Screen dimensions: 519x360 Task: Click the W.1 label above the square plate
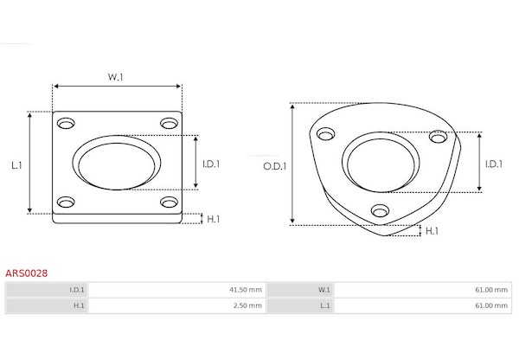(x=116, y=77)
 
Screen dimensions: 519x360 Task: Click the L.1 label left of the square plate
(x=16, y=165)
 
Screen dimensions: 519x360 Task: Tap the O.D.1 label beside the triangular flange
(x=275, y=166)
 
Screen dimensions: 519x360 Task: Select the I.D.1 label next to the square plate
(x=211, y=164)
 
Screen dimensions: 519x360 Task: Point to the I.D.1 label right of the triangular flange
(x=494, y=164)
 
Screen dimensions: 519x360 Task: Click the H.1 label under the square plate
(x=213, y=219)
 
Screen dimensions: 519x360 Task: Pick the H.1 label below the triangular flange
(x=432, y=231)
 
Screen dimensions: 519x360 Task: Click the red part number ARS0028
(x=27, y=273)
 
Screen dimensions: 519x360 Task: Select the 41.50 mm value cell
(x=177, y=290)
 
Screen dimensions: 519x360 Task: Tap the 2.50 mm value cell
(x=177, y=305)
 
